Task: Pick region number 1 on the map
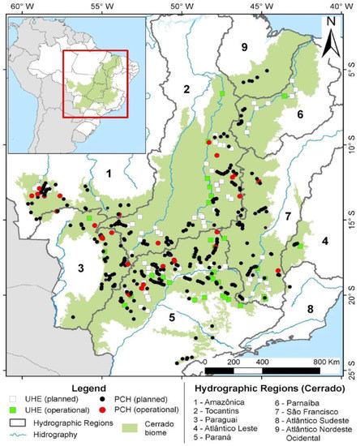click(x=107, y=173)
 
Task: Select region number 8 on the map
click(x=310, y=309)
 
